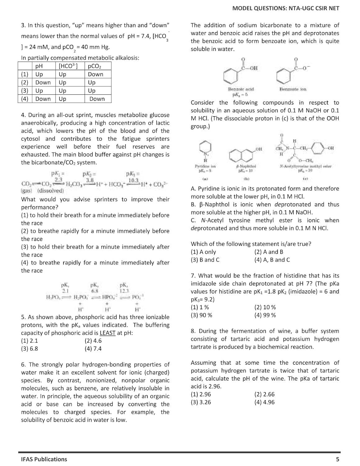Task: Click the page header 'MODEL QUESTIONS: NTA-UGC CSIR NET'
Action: [285, 8]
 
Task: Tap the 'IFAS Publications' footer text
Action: [44, 459]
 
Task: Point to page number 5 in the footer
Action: [338, 459]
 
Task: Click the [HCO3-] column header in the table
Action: [68, 66]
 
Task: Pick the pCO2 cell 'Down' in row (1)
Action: [96, 74]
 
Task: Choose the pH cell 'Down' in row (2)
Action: [43, 83]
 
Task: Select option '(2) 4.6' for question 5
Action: [93, 341]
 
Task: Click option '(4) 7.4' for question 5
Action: [93, 349]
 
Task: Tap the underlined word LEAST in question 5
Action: [107, 333]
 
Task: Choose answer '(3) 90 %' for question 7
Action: [201, 315]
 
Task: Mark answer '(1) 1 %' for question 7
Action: [200, 308]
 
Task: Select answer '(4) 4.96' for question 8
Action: [264, 402]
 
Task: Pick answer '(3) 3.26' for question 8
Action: [201, 402]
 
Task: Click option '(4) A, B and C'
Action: [272, 260]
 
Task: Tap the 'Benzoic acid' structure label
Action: [241, 89]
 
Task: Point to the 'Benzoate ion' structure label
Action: [293, 89]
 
